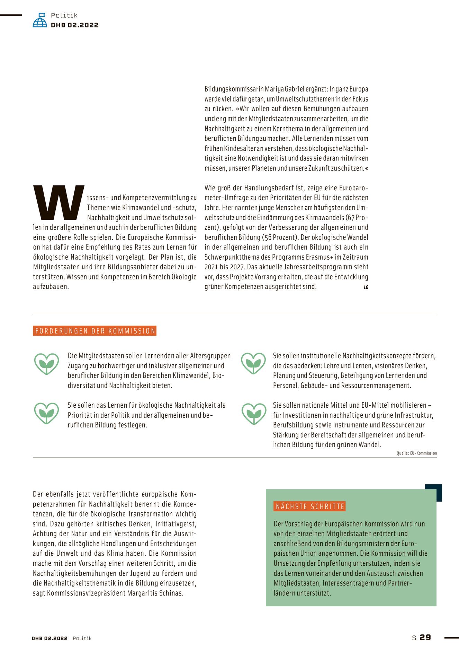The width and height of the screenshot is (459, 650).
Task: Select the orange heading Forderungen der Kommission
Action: (x=95, y=331)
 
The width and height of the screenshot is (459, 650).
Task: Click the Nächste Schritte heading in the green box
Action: (x=310, y=506)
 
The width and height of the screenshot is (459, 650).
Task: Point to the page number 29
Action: (x=425, y=638)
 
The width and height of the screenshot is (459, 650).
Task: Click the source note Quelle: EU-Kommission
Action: (x=416, y=453)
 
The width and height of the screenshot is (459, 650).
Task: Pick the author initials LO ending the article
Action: (x=366, y=287)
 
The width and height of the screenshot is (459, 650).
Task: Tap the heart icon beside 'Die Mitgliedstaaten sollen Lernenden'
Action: (x=46, y=364)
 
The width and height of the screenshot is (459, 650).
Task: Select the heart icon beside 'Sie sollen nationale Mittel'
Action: (x=254, y=414)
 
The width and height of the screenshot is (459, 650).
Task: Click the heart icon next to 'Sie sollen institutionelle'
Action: (x=254, y=363)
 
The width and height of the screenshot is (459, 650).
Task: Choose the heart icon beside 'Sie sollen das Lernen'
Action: (x=46, y=413)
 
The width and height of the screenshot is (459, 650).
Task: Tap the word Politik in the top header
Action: (x=64, y=15)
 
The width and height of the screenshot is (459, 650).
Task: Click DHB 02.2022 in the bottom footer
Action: (x=49, y=638)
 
